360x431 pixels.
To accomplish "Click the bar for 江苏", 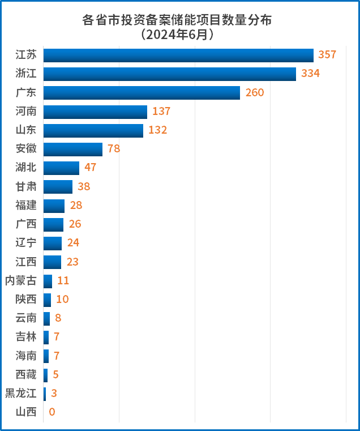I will pyautogui.click(x=178, y=55).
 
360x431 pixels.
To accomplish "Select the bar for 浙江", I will pyautogui.click(x=170, y=74).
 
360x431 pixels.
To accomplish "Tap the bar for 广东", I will pyautogui.click(x=142, y=92).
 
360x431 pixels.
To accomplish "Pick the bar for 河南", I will pyautogui.click(x=95, y=112).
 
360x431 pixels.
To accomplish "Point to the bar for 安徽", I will pyautogui.click(x=73, y=149).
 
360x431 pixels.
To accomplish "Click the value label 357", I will pyautogui.click(x=327, y=55).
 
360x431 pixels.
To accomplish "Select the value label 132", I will pyautogui.click(x=158, y=130).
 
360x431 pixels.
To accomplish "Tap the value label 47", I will pyautogui.click(x=91, y=168).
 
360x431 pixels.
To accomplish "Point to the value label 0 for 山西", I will pyautogui.click(x=52, y=412).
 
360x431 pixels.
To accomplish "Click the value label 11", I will pyautogui.click(x=63, y=280).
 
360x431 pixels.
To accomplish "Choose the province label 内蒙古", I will pyautogui.click(x=20, y=280).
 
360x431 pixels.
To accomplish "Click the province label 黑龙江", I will pyautogui.click(x=20, y=393).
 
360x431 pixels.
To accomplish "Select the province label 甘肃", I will pyautogui.click(x=26, y=186).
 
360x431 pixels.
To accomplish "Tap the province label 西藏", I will pyautogui.click(x=26, y=374).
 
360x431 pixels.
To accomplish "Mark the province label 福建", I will pyautogui.click(x=26, y=205).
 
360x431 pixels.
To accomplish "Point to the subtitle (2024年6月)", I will pyautogui.click(x=177, y=35).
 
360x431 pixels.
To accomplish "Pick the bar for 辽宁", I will pyautogui.click(x=53, y=243).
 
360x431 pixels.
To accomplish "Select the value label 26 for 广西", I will pyautogui.click(x=75, y=224).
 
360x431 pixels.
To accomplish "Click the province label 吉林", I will pyautogui.click(x=26, y=337).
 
